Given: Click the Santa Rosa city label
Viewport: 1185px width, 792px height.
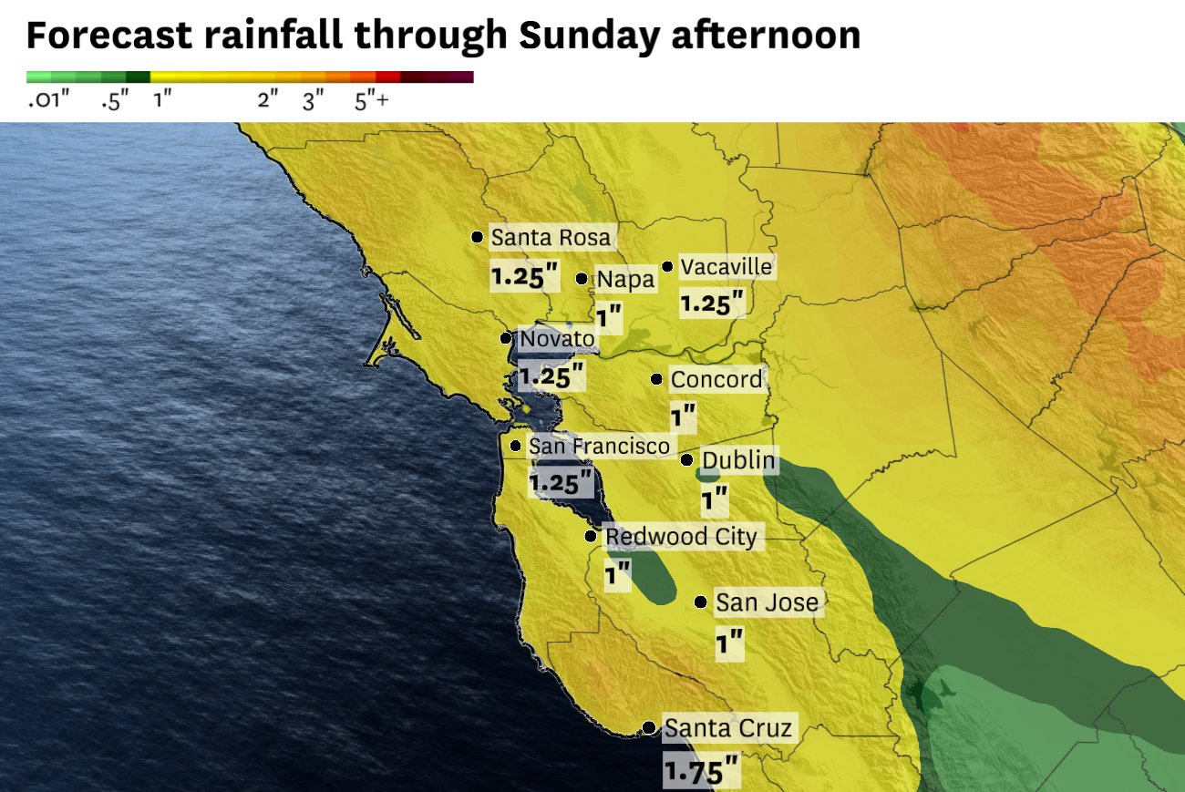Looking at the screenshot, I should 551,238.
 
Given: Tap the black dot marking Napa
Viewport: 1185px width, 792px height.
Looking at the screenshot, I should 582,278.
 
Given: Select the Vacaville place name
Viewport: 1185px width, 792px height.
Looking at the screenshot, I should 726,267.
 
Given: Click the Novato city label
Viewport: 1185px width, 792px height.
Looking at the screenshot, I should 557,340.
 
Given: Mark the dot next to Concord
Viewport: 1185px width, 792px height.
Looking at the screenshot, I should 656,379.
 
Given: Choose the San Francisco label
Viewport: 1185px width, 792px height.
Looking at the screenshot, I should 599,447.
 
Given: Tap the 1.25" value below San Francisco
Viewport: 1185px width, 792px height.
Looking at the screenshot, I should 561,482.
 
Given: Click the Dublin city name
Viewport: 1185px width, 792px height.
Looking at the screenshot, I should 738,461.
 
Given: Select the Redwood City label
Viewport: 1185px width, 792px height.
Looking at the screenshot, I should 681,537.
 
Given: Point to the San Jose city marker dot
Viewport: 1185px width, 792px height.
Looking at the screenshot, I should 700,602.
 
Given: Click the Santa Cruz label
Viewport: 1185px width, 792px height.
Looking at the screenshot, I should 728,728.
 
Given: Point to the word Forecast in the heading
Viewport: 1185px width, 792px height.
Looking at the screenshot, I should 108,35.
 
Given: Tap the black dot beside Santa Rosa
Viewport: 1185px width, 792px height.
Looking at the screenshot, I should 477,237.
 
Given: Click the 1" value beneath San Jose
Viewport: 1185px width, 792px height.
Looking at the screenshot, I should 729,644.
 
